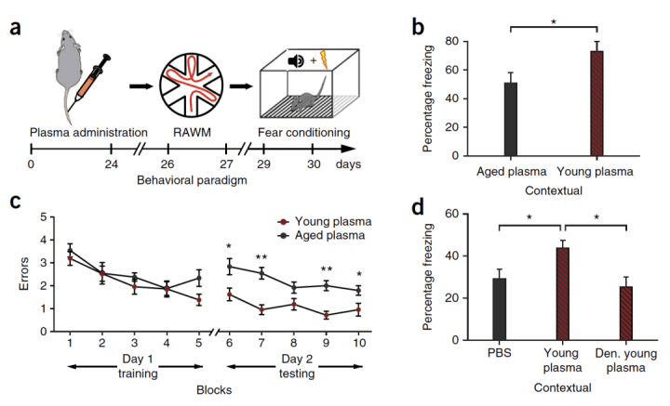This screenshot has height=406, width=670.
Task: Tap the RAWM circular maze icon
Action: click(x=191, y=85)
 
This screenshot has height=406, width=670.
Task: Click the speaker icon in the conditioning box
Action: click(x=296, y=61)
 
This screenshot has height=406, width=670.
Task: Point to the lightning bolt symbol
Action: click(x=324, y=60)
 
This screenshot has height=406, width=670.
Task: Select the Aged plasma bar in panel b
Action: click(x=511, y=119)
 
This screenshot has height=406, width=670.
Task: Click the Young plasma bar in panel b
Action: click(x=596, y=103)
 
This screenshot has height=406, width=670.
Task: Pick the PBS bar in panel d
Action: click(x=499, y=309)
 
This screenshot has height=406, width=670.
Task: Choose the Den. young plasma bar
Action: click(x=626, y=313)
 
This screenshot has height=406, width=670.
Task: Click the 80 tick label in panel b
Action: click(x=451, y=42)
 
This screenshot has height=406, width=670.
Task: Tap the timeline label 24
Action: click(x=111, y=164)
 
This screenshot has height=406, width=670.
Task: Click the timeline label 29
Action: click(x=263, y=164)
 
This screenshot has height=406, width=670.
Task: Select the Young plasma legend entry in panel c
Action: click(x=325, y=222)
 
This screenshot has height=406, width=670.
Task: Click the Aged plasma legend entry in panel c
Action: click(x=321, y=235)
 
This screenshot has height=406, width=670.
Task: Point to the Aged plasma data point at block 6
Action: click(x=230, y=267)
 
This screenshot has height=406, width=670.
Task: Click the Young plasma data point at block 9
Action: click(x=327, y=316)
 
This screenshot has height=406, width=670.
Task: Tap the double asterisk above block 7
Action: click(x=261, y=257)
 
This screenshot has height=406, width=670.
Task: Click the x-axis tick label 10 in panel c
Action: click(x=359, y=343)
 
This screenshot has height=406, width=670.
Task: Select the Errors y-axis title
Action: click(x=24, y=274)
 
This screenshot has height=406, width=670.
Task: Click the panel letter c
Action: click(x=15, y=202)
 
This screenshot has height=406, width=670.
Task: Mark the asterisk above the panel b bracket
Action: click(x=554, y=21)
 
